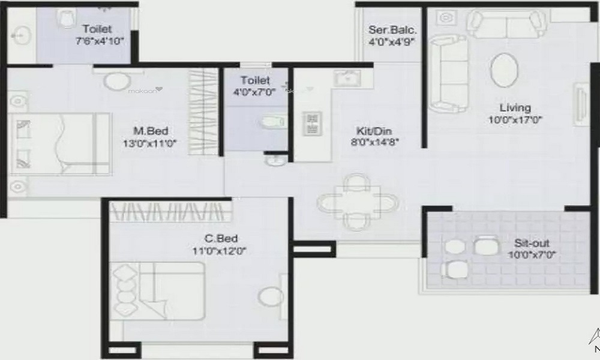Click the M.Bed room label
click(x=151, y=131)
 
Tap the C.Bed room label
click(x=221, y=238)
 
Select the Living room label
click(x=515, y=107)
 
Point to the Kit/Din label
click(x=374, y=131)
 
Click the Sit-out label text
click(x=532, y=243)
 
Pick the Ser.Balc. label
click(x=392, y=30)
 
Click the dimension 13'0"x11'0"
click(x=149, y=144)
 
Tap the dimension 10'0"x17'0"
click(x=515, y=120)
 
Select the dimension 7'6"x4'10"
click(x=100, y=41)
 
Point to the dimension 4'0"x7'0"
click(x=255, y=92)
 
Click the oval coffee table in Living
click(x=504, y=70)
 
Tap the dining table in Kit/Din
click(x=358, y=202)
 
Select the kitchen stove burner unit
click(x=312, y=123)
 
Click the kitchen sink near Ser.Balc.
click(x=347, y=78)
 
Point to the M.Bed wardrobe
click(x=203, y=112)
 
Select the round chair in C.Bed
click(x=271, y=297)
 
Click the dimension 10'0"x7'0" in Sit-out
click(x=532, y=255)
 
